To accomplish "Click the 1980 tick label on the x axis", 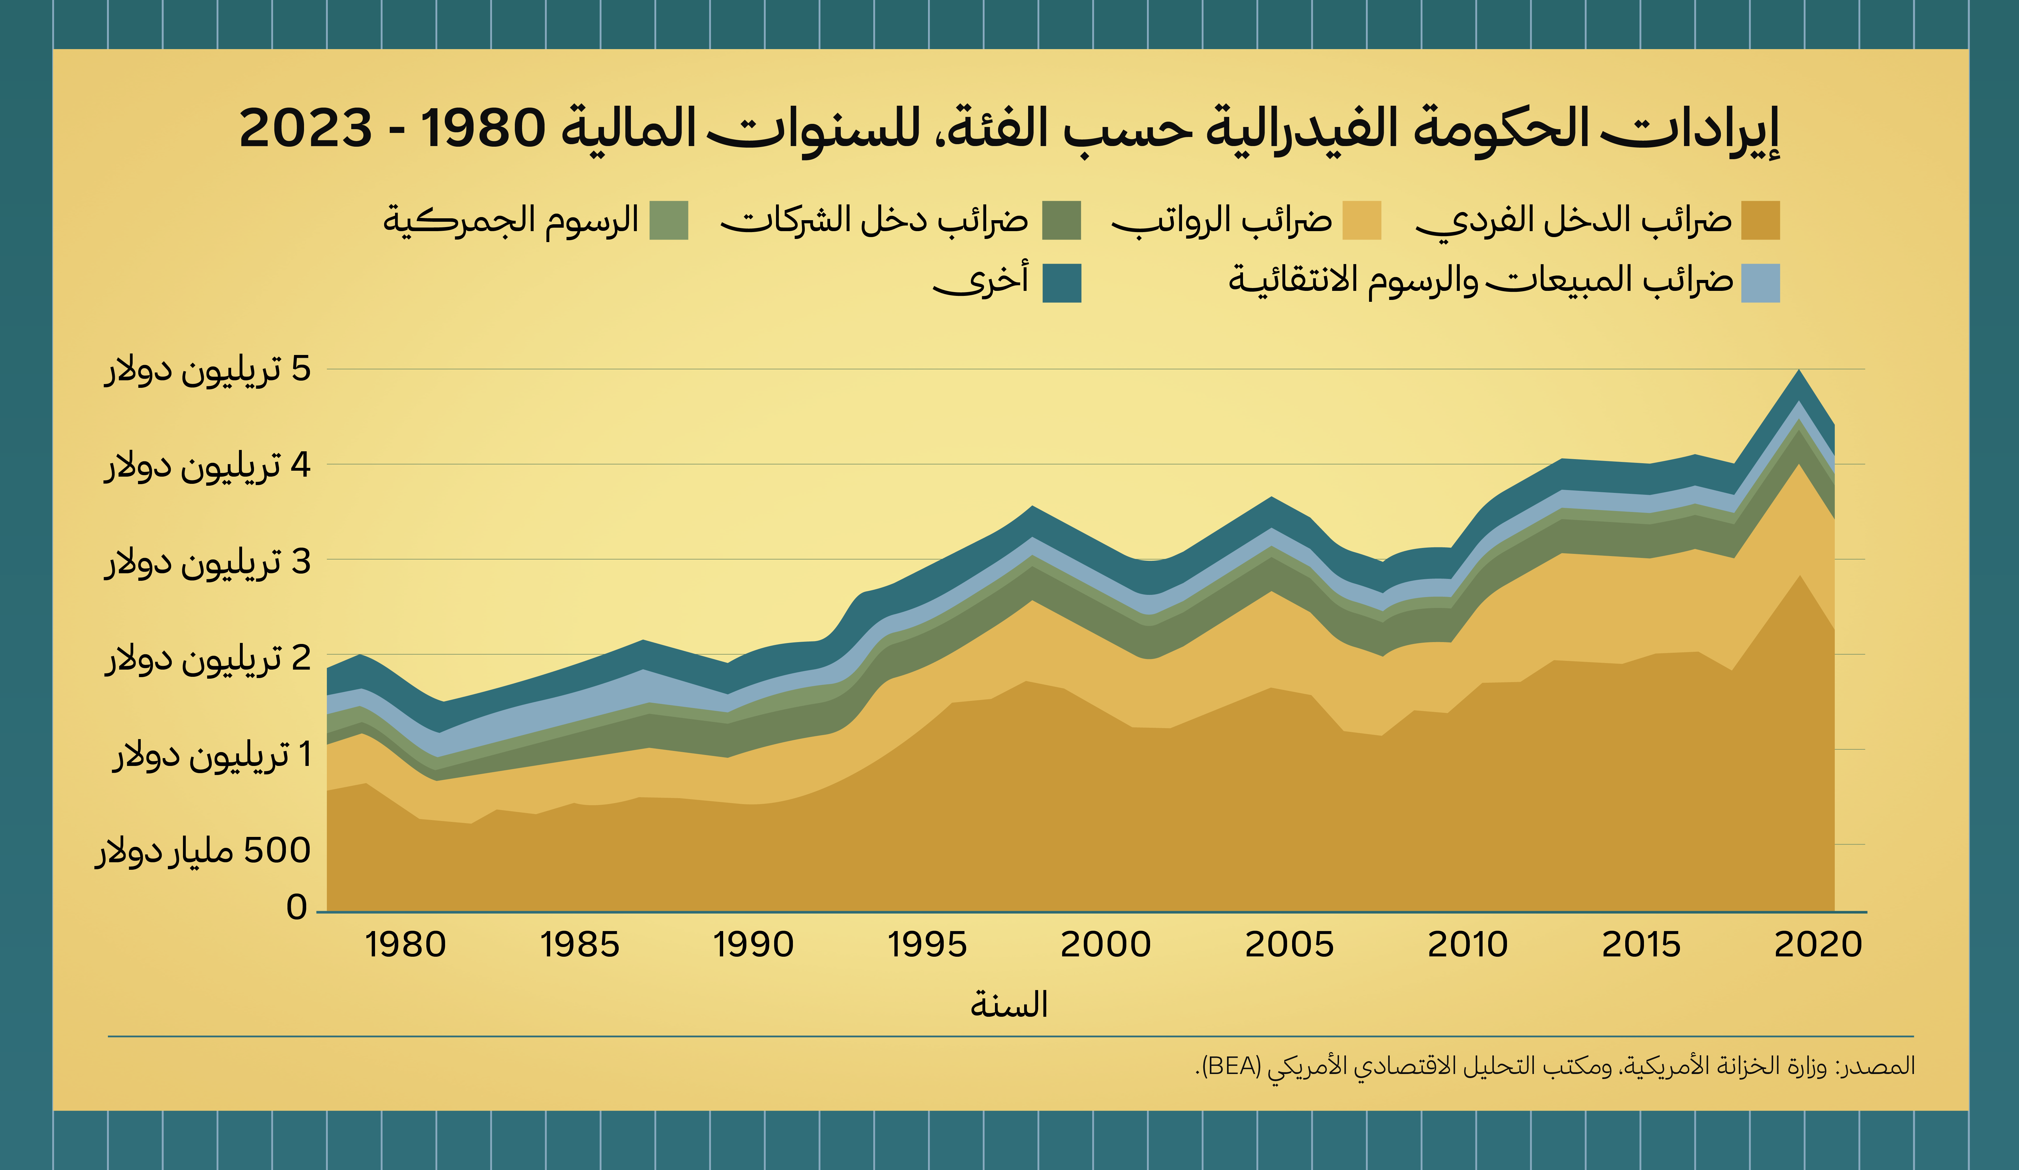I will (x=405, y=946).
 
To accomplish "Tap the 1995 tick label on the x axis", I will (x=927, y=946).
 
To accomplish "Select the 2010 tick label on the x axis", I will (x=1468, y=946).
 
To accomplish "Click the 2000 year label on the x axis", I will (x=1106, y=946).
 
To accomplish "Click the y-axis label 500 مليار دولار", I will (x=203, y=851).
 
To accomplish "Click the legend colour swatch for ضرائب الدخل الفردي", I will (x=1760, y=220).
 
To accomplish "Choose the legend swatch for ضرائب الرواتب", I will (x=1362, y=220).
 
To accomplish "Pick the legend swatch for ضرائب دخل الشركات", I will (x=1062, y=220).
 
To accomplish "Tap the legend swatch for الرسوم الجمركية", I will (x=669, y=220).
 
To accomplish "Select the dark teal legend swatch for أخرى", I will (x=1062, y=283).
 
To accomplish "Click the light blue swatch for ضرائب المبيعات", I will (x=1760, y=283).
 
